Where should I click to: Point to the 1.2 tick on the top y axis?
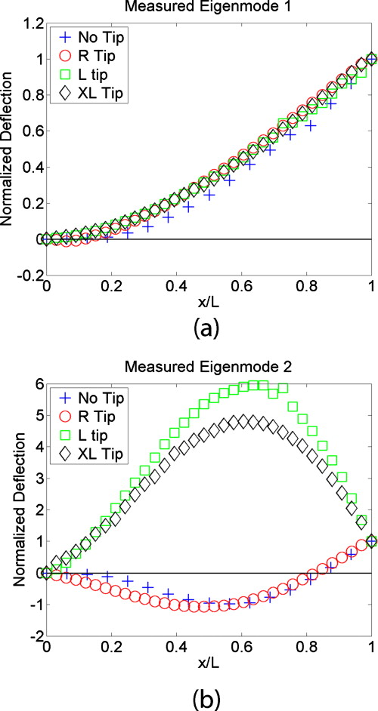tap(31, 23)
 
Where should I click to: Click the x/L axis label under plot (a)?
tap(208, 301)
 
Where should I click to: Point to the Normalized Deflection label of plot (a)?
tap(10, 149)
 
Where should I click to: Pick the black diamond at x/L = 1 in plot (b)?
tap(371, 541)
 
